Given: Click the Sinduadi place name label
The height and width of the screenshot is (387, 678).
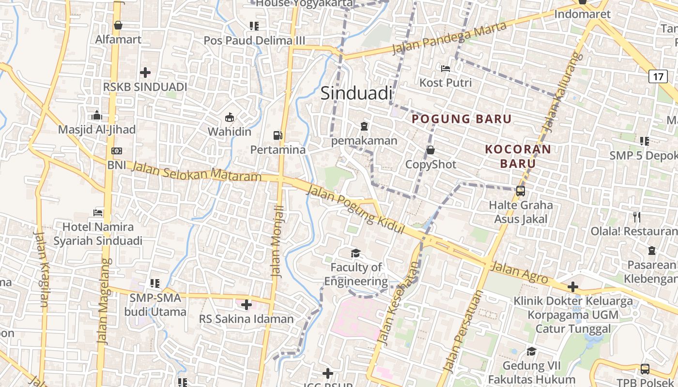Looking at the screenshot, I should (x=356, y=93).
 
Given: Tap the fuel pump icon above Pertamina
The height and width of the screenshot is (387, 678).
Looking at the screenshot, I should (x=277, y=135).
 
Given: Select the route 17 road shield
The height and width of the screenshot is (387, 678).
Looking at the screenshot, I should (x=658, y=76).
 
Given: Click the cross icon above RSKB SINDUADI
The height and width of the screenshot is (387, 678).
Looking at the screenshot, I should (x=145, y=73).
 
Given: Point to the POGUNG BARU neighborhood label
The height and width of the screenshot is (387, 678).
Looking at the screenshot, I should (x=462, y=119).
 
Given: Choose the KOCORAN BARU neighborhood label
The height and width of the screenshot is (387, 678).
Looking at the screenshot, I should (x=518, y=156).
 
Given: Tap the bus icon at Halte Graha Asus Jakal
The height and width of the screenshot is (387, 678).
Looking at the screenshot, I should (x=521, y=191).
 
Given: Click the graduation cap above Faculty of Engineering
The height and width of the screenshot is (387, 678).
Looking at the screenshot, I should (x=356, y=253).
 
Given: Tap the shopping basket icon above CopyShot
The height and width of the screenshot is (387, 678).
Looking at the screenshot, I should (x=430, y=150).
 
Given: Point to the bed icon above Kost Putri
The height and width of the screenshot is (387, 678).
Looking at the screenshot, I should (x=446, y=68).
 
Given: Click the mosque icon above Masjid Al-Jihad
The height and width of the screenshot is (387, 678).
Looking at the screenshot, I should (x=97, y=115).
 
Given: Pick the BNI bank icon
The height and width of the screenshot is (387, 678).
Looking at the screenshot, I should (x=116, y=151).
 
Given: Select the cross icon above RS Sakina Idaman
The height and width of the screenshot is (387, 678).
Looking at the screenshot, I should (x=247, y=305).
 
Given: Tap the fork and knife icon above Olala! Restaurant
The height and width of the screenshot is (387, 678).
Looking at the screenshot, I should (x=637, y=217).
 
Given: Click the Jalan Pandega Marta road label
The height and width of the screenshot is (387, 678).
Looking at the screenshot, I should (x=449, y=38).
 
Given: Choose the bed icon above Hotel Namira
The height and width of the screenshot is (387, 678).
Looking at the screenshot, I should (x=98, y=212).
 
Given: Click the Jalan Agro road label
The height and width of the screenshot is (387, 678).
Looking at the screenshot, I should (x=519, y=273).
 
